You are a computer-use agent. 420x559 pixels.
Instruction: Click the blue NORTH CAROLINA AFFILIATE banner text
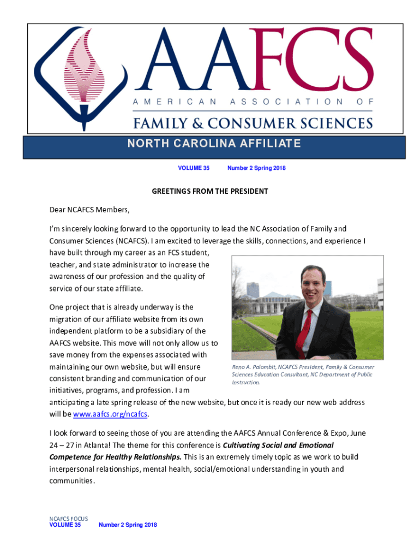pos(214,144)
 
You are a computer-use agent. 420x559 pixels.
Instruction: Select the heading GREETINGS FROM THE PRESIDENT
pos(209,192)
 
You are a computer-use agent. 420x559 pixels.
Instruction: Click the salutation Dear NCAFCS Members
pos(90,210)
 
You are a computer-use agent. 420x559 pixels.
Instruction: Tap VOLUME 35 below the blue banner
pos(194,168)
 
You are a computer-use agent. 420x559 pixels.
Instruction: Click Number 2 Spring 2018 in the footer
pos(128,525)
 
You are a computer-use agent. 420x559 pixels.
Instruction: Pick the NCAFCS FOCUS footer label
pos(69,519)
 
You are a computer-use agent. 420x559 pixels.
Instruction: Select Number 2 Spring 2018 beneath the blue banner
pos(256,168)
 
